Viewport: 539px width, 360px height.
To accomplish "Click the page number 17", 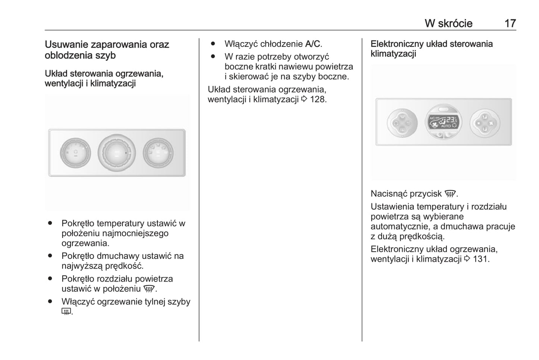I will pos(510,23).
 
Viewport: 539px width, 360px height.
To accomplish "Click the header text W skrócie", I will pos(448,23).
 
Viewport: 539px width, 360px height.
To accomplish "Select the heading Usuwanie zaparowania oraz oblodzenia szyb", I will pos(107,50).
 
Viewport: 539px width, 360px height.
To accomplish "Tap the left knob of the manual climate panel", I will pos(75,153).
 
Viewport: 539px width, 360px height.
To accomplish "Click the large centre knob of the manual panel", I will pos(116,153).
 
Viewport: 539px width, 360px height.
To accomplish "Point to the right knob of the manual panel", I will pos(158,153).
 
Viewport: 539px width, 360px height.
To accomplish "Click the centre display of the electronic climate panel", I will pos(444,122).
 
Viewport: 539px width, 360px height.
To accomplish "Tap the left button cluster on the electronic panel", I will pos(402,122).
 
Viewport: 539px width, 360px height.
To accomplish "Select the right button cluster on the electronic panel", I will pos(485,122).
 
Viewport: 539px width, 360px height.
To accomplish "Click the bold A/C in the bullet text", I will pos(313,44).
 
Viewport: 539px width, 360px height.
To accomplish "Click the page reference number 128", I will pos(318,99).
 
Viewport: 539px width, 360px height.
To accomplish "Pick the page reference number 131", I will pos(481,259).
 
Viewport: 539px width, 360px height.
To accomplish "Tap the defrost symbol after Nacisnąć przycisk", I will pos(450,194).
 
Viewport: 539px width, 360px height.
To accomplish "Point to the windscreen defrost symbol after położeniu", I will pos(149,289).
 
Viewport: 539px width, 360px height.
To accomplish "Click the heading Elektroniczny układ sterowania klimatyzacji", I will pos(431,48).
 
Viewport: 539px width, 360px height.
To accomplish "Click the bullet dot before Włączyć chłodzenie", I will pos(213,44).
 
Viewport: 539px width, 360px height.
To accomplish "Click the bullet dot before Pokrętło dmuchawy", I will pos(50,256).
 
